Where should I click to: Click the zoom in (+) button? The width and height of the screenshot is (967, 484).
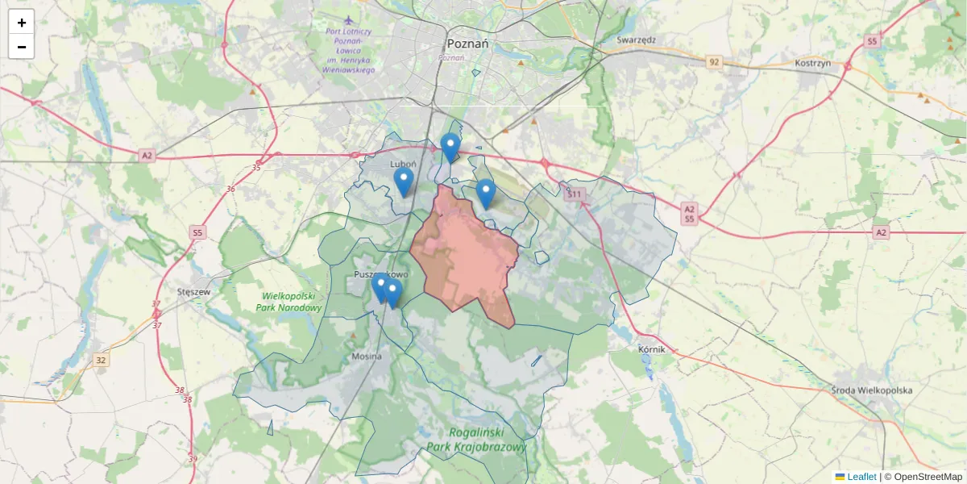(22, 23)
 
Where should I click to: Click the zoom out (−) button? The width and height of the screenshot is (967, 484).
(22, 47)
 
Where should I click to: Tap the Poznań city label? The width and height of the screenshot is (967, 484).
(468, 44)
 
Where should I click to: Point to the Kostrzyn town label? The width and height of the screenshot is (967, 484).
(812, 63)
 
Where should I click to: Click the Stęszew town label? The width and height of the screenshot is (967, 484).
(194, 292)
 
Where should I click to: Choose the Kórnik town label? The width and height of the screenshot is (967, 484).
(651, 349)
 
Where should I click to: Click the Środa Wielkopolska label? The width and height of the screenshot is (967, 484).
(872, 390)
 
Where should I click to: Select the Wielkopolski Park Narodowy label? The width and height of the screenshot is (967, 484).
(289, 302)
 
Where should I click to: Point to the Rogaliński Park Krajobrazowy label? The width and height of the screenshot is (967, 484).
(476, 440)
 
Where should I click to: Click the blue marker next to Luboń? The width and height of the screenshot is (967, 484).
(404, 182)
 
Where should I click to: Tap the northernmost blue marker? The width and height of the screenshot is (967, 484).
(450, 148)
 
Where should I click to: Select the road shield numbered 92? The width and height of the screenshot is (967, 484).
(714, 61)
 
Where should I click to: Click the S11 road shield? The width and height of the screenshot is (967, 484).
(574, 194)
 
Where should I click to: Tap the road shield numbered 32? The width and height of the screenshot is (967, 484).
(100, 360)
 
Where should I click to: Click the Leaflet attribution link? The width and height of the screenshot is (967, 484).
(861, 477)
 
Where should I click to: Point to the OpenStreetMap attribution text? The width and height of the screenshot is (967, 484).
(928, 477)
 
